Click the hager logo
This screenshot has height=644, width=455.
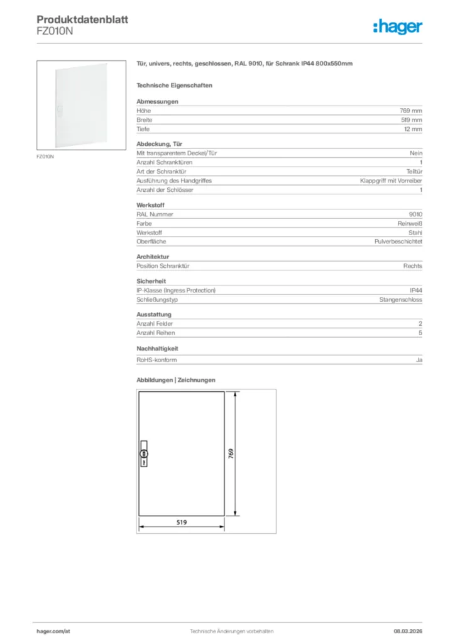[397, 26]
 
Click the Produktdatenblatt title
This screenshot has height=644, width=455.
[82, 19]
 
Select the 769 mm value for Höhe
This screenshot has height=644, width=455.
[411, 111]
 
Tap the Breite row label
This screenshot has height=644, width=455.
[145, 119]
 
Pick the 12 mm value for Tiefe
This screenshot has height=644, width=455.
[413, 129]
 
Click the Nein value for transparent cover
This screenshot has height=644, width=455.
[416, 153]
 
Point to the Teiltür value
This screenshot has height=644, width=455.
[414, 171]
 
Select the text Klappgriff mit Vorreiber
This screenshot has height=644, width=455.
[391, 180]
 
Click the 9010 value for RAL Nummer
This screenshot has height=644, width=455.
[415, 214]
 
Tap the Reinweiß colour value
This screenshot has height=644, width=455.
[410, 223]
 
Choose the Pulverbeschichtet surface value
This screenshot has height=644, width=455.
[398, 241]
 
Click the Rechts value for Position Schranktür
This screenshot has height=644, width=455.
[413, 266]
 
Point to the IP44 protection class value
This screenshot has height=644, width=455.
[415, 291]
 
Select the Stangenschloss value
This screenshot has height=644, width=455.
[400, 300]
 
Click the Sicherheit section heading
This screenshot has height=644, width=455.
[151, 281]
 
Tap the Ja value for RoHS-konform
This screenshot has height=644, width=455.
[419, 360]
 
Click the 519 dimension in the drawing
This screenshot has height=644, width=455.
[181, 521]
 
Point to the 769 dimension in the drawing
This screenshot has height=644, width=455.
[231, 453]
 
